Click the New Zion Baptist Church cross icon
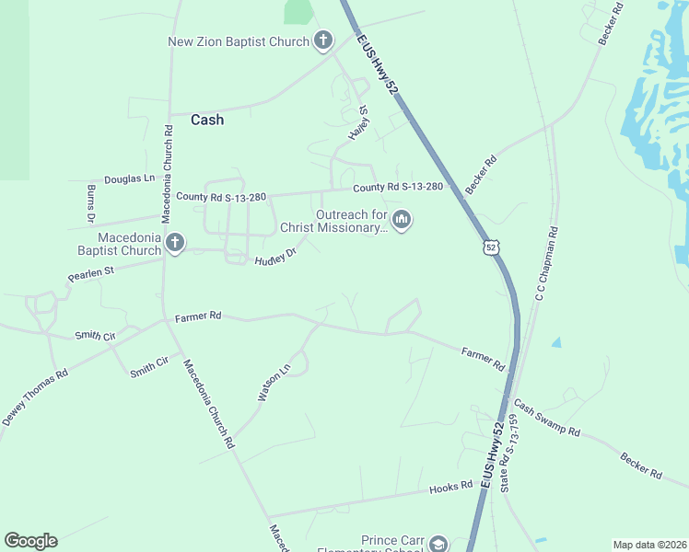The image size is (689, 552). click(x=322, y=40)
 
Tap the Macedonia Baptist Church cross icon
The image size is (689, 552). click(x=174, y=244)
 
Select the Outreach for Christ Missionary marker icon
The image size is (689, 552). click(x=401, y=220)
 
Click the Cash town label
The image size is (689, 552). click(x=207, y=120)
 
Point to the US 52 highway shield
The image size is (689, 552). click(x=492, y=247)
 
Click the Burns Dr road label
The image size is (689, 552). click(x=90, y=204)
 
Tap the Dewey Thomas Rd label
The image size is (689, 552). click(x=35, y=397)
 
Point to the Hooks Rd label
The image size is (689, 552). click(x=450, y=488)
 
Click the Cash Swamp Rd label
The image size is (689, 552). click(x=546, y=419)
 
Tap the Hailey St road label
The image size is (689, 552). click(x=357, y=122)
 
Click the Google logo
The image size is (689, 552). click(x=30, y=541)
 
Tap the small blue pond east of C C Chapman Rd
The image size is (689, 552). click(x=555, y=343)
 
